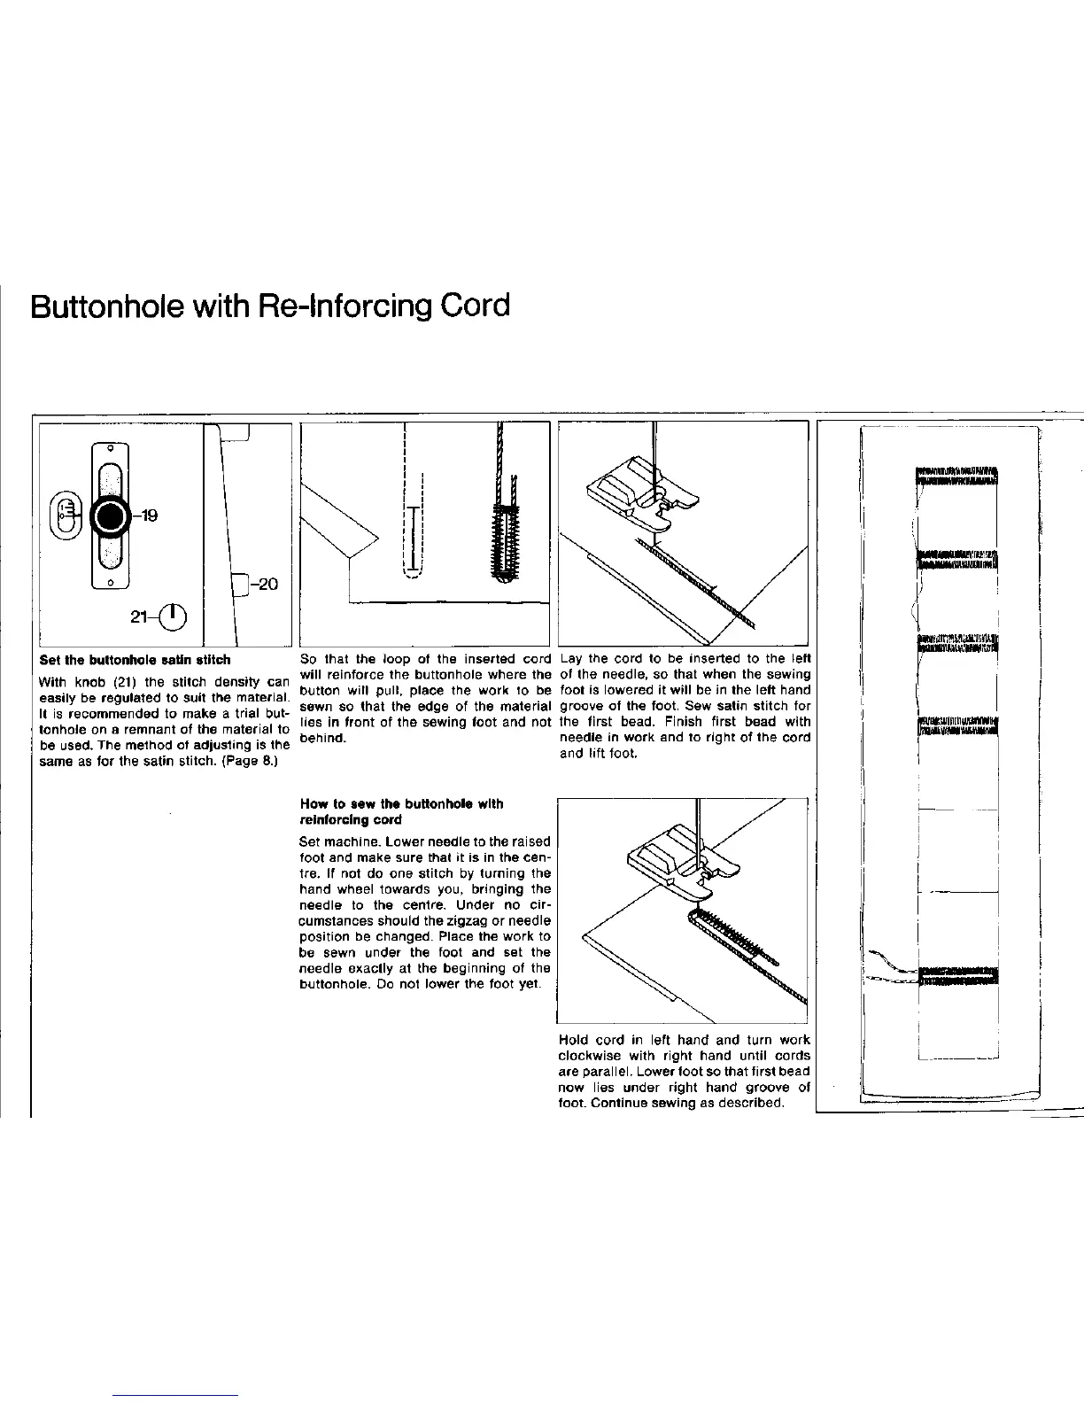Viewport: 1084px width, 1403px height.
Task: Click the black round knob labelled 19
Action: [112, 515]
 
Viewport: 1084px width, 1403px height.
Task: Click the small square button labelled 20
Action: [239, 584]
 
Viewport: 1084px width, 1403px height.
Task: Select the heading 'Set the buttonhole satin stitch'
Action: [135, 660]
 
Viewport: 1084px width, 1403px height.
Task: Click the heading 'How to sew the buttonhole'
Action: [402, 804]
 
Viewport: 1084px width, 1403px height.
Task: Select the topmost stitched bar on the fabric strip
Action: [956, 477]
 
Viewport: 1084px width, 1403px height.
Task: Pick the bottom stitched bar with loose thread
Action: [956, 974]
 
